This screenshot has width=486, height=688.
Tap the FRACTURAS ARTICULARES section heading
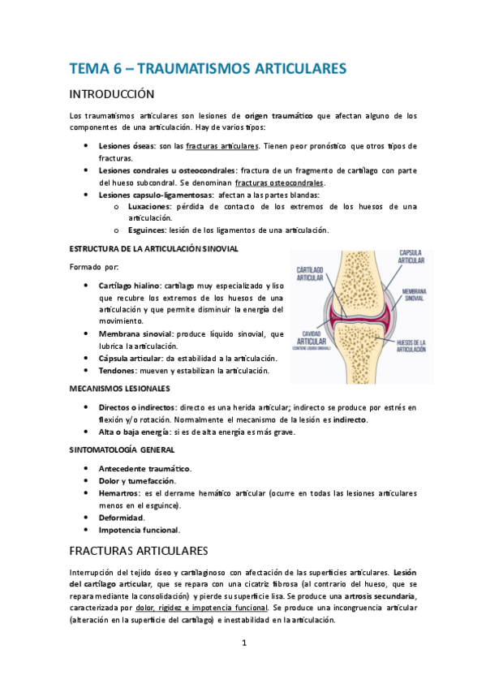coord(140,551)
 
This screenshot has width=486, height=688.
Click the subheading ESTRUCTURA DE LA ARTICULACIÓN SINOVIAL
coord(154,248)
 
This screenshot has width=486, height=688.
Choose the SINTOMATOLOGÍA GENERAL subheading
coord(122,449)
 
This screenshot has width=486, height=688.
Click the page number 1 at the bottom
coord(243,644)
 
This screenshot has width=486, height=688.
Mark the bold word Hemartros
coord(119,493)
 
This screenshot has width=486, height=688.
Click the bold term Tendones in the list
coord(118,371)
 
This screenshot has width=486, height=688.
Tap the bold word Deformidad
coord(122,518)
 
